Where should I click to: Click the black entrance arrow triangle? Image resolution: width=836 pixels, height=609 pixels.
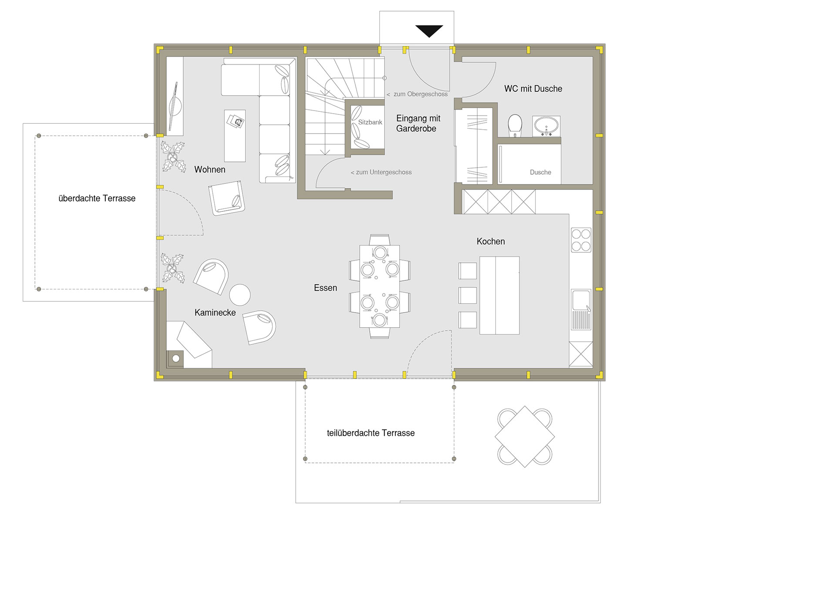429,31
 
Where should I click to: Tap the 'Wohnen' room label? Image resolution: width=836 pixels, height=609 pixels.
210,170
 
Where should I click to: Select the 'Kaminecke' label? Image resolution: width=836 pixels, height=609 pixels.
215,313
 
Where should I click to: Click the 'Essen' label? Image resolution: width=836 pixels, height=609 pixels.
325,288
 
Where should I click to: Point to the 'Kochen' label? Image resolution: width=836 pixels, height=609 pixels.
491,241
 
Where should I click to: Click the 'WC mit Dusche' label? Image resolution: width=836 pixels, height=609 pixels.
533,89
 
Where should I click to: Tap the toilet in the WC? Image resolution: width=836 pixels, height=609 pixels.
515,125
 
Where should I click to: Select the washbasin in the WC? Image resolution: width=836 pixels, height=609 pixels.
546,126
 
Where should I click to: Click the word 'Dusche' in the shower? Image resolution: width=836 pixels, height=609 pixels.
540,172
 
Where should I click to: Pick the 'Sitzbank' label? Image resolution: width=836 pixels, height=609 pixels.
370,122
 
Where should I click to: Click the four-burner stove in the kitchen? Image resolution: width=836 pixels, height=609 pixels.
581,240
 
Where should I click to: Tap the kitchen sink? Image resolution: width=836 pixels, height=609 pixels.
581,309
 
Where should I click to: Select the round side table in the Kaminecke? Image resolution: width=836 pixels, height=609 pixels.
240,295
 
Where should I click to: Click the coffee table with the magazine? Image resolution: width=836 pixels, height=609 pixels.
235,136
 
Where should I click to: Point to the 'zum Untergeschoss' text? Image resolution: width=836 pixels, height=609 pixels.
381,172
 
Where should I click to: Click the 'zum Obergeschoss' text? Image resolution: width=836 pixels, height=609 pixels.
417,94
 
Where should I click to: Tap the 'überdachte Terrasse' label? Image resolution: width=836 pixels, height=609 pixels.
97,198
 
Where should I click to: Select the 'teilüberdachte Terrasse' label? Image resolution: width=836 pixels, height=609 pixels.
371,433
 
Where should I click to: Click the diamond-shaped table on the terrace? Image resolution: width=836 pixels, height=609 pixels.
525,437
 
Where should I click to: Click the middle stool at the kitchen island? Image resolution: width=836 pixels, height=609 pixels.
468,295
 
